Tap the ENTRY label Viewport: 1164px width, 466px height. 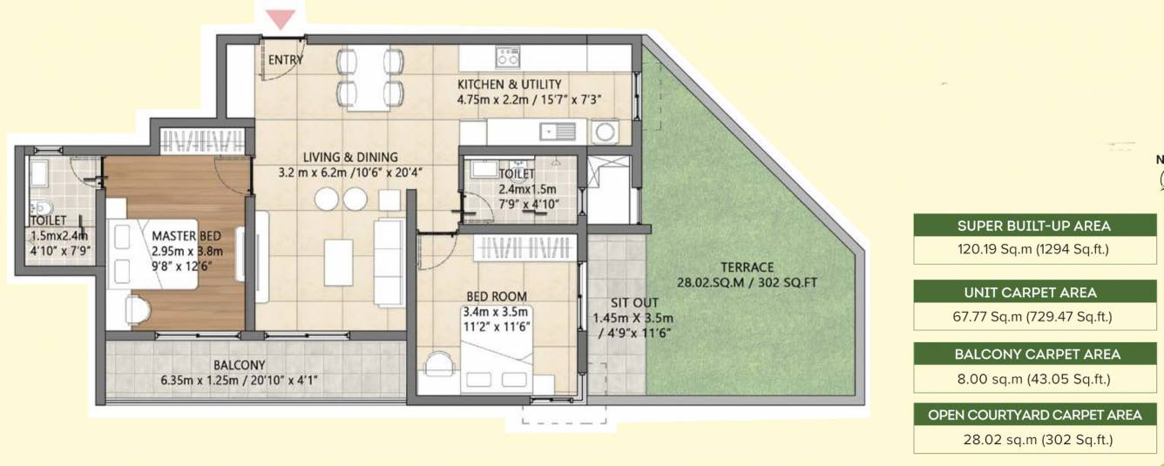tap(286, 60)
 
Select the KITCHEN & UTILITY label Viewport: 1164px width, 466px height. tap(510, 84)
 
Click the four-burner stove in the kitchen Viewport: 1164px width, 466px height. tap(508, 57)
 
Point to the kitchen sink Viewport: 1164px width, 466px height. tap(557, 132)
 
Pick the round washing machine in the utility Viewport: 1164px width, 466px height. tap(604, 132)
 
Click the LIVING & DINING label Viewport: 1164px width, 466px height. tap(350, 157)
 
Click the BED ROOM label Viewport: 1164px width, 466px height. tap(496, 297)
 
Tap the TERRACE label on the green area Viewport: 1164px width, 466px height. tap(747, 267)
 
